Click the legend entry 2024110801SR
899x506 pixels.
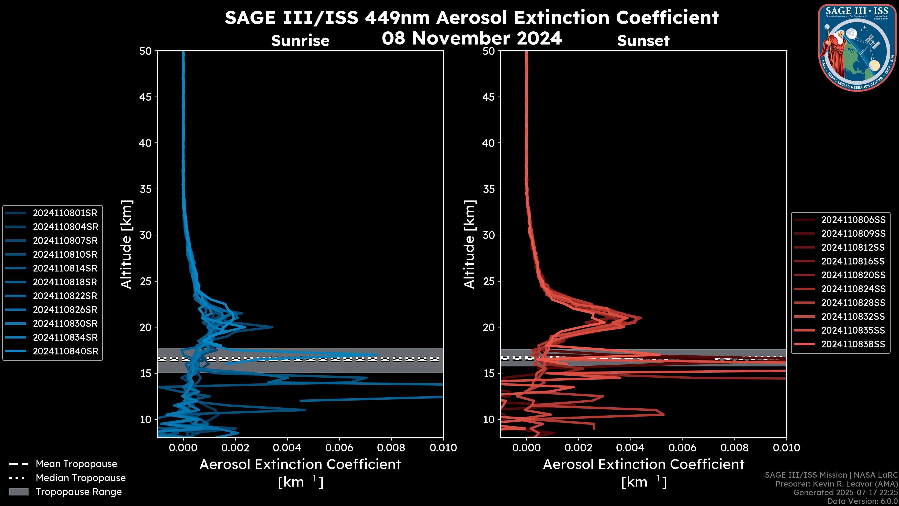tap(65, 213)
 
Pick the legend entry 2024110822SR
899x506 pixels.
tap(65, 296)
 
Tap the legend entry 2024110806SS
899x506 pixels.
tap(853, 220)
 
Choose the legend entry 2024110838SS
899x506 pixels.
tap(853, 344)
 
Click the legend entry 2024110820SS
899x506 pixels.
tap(853, 275)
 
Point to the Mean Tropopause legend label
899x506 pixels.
tap(76, 464)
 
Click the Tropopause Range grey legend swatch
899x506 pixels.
tap(19, 492)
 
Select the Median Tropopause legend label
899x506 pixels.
tap(81, 478)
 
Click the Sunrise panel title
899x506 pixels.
tap(300, 41)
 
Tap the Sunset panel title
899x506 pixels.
tap(643, 41)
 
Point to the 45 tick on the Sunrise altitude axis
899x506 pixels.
tap(146, 97)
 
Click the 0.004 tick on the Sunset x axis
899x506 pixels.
tap(631, 448)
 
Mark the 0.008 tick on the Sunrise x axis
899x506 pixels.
tap(391, 448)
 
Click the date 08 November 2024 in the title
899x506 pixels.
tap(472, 38)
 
